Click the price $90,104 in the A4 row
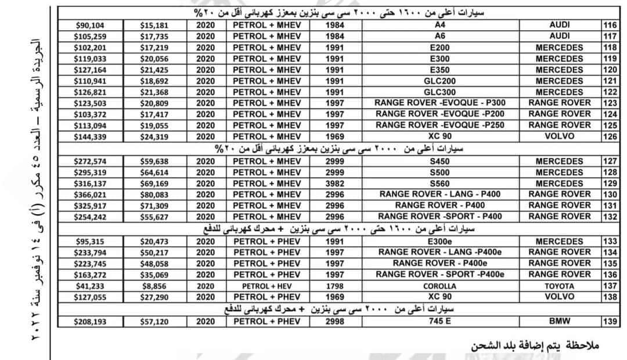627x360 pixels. coord(90,25)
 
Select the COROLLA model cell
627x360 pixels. coord(440,286)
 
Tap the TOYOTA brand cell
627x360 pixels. coord(559,286)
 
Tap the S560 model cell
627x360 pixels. coord(440,183)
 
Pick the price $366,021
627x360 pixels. coord(90,195)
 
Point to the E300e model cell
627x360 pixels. coord(440,241)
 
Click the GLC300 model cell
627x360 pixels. coord(440,92)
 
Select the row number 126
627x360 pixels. coord(610,136)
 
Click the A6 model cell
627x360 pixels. coord(440,36)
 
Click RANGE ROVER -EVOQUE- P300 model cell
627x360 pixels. coord(440,103)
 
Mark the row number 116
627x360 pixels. coord(610,25)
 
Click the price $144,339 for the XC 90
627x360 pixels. coord(90,136)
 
